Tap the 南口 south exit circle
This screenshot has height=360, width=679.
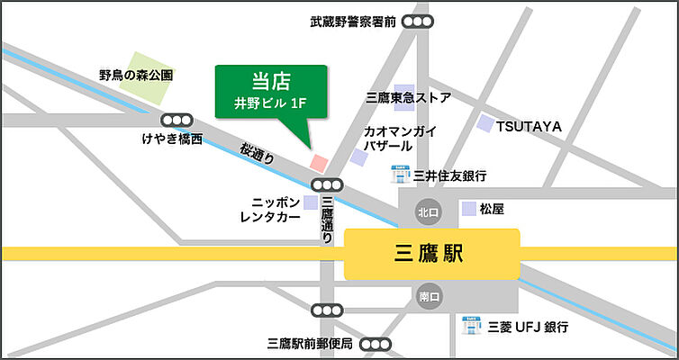point(427,295)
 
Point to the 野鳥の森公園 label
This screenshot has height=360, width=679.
point(136,76)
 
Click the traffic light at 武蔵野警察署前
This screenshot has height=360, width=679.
point(416,22)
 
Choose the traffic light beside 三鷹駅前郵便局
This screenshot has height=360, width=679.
point(377,344)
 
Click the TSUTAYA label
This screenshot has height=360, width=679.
point(529,127)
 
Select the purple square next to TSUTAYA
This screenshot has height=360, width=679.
point(486,123)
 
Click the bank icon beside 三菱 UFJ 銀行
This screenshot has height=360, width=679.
point(469,323)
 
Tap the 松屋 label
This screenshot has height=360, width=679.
point(492,209)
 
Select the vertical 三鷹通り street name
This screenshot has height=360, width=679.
point(327,220)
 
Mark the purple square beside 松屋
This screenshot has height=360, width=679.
point(468,209)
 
